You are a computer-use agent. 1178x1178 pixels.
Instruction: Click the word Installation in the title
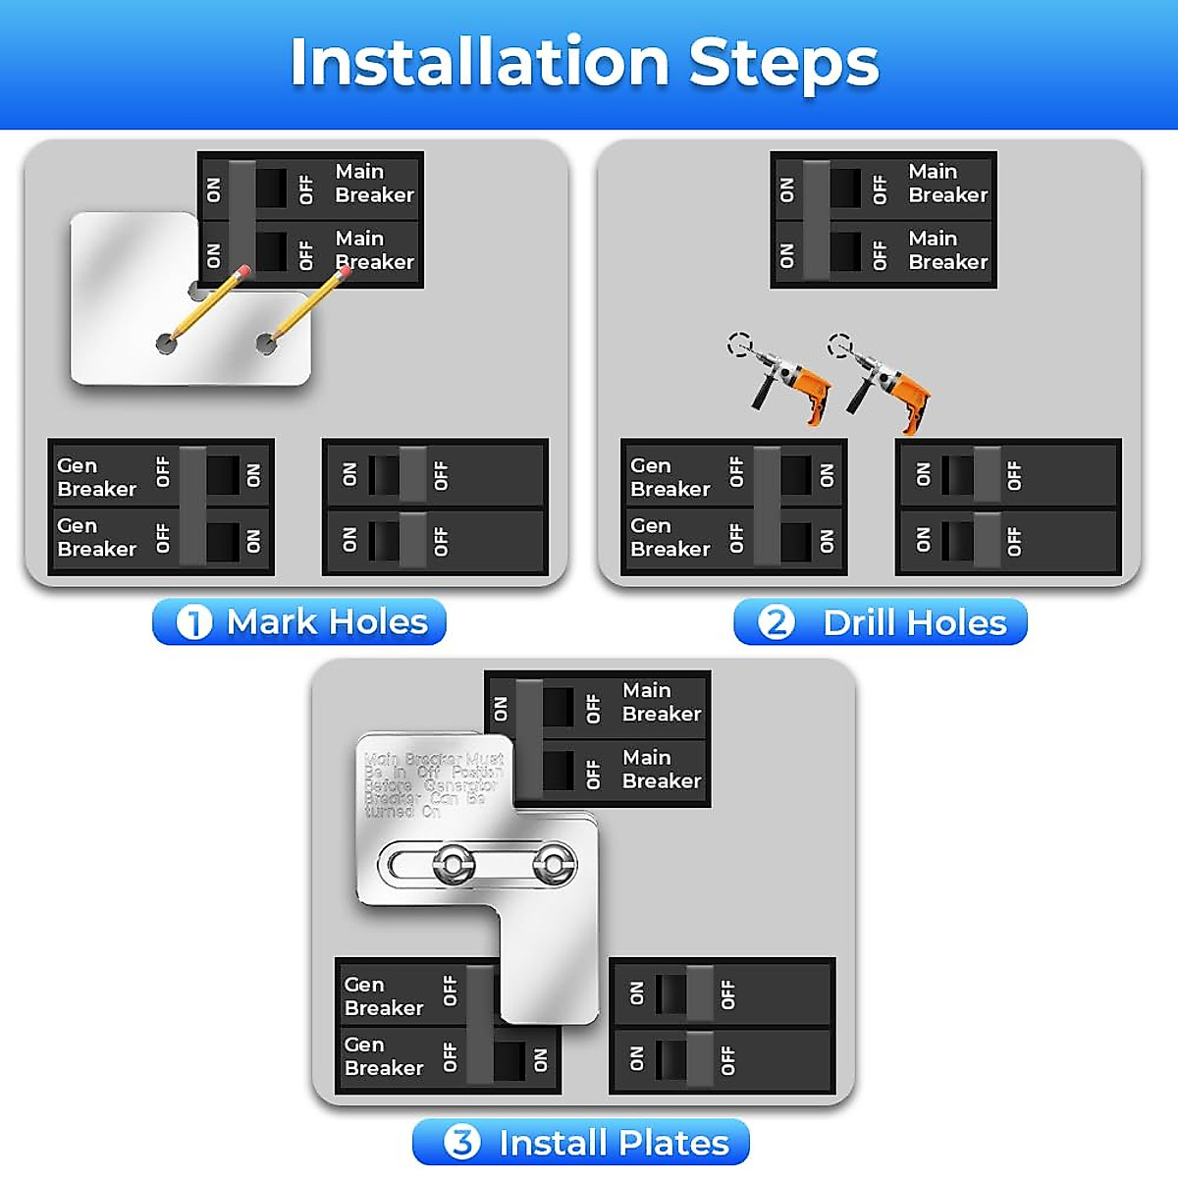[x=479, y=63]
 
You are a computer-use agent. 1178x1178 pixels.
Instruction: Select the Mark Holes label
[x=327, y=622]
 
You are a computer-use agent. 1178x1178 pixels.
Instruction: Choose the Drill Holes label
[x=914, y=623]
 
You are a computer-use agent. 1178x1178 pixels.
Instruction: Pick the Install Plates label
[x=614, y=1144]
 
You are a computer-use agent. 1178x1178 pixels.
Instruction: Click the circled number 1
[x=193, y=622]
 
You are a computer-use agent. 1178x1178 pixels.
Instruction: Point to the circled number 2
[x=776, y=622]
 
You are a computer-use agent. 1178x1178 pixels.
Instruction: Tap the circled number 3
[x=461, y=1143]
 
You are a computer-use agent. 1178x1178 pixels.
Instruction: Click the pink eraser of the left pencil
[x=243, y=271]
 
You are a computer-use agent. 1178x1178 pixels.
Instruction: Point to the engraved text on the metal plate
[x=433, y=784]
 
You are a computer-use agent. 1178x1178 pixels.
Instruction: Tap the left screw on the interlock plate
[x=453, y=865]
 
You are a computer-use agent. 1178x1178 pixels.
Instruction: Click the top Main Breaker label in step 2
[x=947, y=184]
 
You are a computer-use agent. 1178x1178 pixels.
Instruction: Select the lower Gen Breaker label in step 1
[x=96, y=537]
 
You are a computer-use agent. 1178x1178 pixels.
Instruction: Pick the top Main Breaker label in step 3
[x=661, y=703]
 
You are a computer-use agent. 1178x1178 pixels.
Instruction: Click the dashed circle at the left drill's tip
[x=739, y=345]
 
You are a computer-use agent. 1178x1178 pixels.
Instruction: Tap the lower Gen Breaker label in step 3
[x=384, y=1056]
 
